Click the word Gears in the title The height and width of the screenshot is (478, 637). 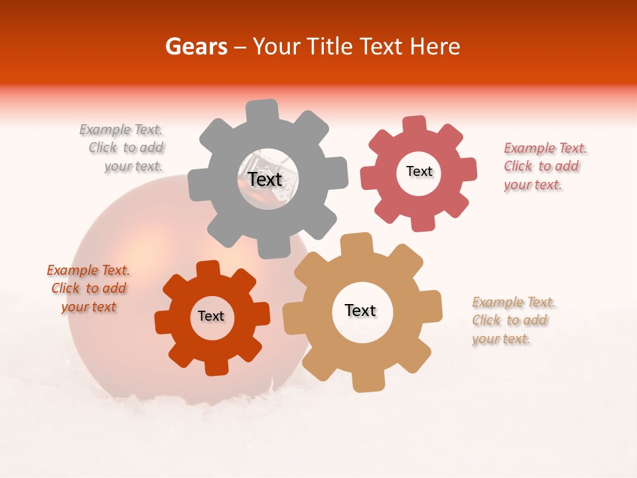[x=196, y=46]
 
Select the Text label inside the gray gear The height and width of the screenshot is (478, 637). [x=265, y=179]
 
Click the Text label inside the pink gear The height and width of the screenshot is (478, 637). [x=419, y=171]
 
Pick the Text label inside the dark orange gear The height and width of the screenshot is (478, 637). [x=211, y=316]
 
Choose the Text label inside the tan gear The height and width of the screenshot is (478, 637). [x=360, y=310]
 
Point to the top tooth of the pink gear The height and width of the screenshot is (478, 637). [x=414, y=125]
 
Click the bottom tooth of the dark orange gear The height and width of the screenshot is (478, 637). [x=216, y=366]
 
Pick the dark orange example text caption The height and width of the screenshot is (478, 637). [x=89, y=288]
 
